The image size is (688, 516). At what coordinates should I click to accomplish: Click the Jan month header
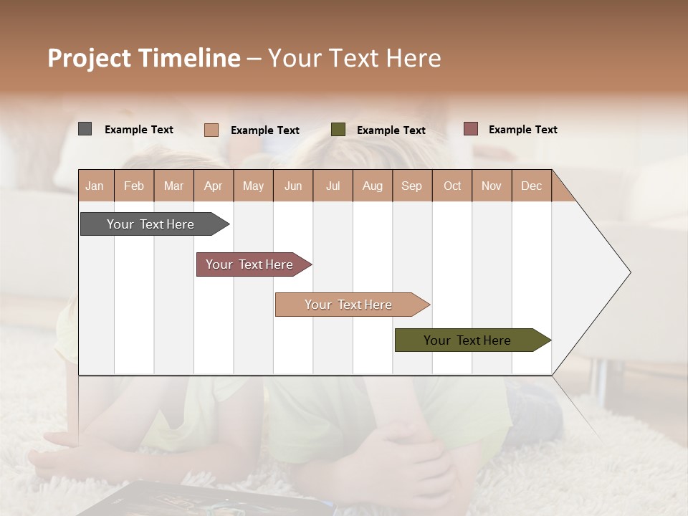[x=95, y=186]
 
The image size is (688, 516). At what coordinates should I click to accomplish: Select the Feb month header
[x=134, y=186]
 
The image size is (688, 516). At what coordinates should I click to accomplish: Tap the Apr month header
[x=214, y=186]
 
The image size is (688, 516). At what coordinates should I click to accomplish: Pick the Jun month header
[x=293, y=186]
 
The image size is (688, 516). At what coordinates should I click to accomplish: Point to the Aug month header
[x=373, y=186]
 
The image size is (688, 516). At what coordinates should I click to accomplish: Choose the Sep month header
[x=412, y=186]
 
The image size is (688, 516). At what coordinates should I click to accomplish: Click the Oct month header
[x=452, y=186]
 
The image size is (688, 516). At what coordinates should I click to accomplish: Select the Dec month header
[x=532, y=186]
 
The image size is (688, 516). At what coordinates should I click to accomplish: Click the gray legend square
[x=85, y=129]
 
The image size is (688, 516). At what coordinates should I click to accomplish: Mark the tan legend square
[x=211, y=130]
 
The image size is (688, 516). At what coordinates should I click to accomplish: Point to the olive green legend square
[x=338, y=130]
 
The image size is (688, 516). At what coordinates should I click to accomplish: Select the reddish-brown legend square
[x=470, y=129]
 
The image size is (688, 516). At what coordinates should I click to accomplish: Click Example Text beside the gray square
[x=139, y=130]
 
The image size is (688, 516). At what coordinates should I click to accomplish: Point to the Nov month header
[x=492, y=186]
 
